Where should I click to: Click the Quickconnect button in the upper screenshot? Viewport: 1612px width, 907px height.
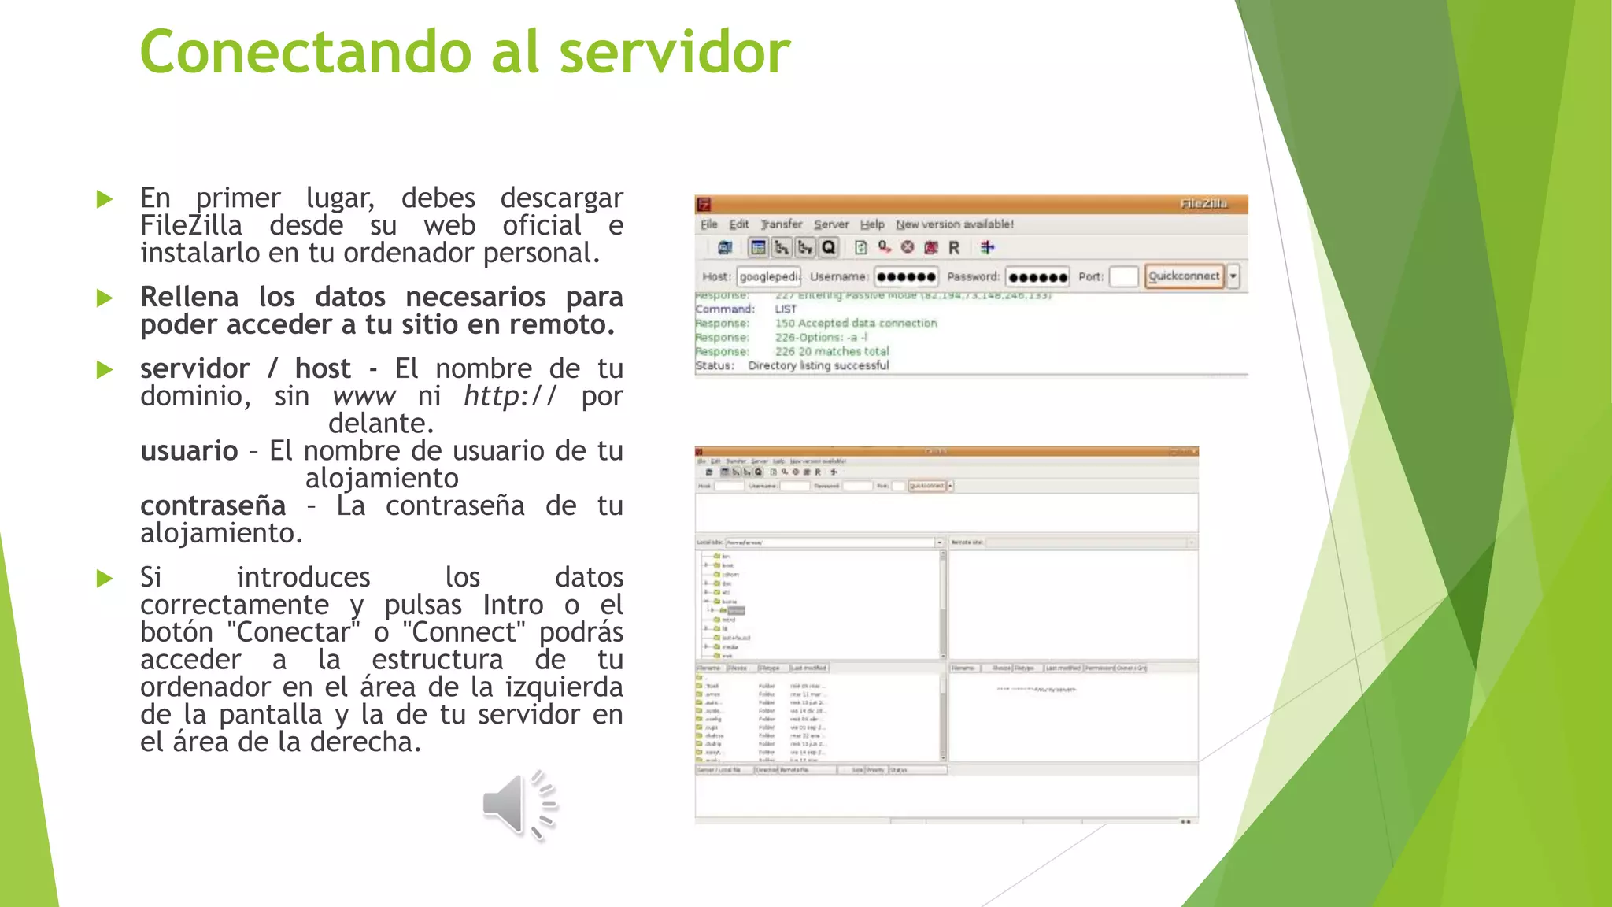click(1183, 276)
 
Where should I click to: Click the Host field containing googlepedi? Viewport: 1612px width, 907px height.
click(768, 276)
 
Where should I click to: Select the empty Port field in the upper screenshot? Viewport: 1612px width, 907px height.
click(1123, 276)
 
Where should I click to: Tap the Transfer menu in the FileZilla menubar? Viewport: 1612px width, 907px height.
click(782, 224)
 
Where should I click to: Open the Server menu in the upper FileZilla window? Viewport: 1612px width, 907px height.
click(831, 224)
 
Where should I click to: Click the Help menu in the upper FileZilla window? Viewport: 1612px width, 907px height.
click(872, 224)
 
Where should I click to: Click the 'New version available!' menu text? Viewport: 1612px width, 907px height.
click(955, 224)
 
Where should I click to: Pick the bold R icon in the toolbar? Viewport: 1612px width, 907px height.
click(954, 248)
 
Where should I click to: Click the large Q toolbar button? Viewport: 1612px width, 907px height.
click(828, 248)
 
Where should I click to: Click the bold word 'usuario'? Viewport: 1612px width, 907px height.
click(189, 451)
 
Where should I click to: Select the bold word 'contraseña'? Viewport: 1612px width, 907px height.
click(213, 505)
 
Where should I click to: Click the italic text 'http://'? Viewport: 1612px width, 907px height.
click(510, 396)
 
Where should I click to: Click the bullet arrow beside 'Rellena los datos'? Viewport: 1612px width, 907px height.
click(105, 298)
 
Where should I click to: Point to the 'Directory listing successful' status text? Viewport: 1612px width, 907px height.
click(819, 365)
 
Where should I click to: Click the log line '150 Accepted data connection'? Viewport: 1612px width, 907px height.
click(856, 323)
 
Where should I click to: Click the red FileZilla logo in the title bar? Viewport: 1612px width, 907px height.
click(704, 205)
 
